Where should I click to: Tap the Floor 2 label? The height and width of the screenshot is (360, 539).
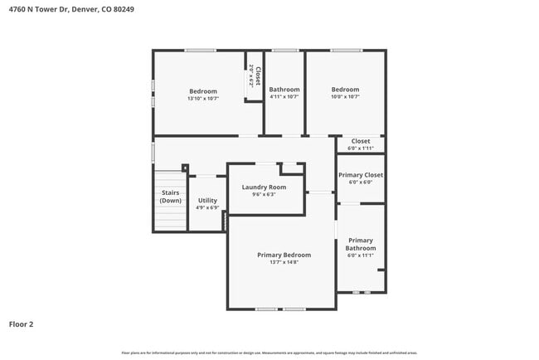point(22,324)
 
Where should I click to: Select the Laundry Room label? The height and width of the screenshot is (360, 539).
point(264,187)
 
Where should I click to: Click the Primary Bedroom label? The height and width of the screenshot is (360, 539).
point(284,255)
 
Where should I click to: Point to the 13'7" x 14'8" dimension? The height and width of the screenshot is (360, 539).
point(284,263)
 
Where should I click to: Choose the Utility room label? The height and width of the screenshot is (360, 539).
point(207,200)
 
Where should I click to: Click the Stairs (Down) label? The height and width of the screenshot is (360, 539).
point(171,197)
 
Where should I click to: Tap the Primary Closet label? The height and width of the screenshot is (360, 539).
point(361,175)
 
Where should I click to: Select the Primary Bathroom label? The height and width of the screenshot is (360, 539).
point(361,244)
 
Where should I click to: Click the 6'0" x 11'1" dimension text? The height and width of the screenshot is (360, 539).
point(361,255)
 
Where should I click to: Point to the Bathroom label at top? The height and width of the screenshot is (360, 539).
point(284,90)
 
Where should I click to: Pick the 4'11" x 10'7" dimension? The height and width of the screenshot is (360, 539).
point(284,97)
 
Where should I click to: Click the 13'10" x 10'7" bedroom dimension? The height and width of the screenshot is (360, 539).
point(203,99)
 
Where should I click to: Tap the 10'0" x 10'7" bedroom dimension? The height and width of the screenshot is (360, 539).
point(345,97)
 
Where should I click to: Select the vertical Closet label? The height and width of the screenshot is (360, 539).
point(258,77)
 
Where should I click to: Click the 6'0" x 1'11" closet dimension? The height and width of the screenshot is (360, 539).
point(361,148)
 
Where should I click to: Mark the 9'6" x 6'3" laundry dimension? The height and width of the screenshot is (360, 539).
point(264,195)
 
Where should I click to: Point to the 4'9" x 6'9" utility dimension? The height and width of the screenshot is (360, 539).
point(207,207)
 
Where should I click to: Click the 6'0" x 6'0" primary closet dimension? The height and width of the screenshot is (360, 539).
point(361,182)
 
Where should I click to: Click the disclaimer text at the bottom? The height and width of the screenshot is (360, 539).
point(269,353)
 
